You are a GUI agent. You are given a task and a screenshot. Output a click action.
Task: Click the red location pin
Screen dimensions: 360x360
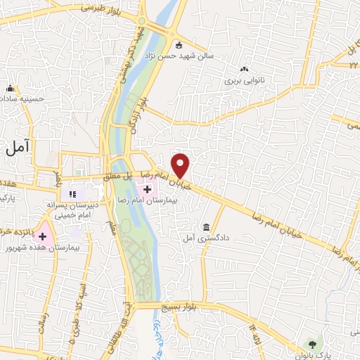(x=181, y=165)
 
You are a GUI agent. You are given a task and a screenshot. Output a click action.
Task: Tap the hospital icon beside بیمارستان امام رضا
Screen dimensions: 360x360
(x=148, y=188)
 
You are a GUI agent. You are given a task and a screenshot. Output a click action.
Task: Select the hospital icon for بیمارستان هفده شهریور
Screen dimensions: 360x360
(x=43, y=236)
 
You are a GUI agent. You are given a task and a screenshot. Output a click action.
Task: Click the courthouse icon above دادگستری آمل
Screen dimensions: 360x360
(x=206, y=227)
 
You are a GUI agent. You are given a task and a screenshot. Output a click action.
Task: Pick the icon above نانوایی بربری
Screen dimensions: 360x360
(x=244, y=69)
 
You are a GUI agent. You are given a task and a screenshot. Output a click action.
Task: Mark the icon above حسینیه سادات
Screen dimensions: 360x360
(x=10, y=89)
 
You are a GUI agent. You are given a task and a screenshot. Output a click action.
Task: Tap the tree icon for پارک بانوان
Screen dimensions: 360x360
(x=311, y=344)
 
